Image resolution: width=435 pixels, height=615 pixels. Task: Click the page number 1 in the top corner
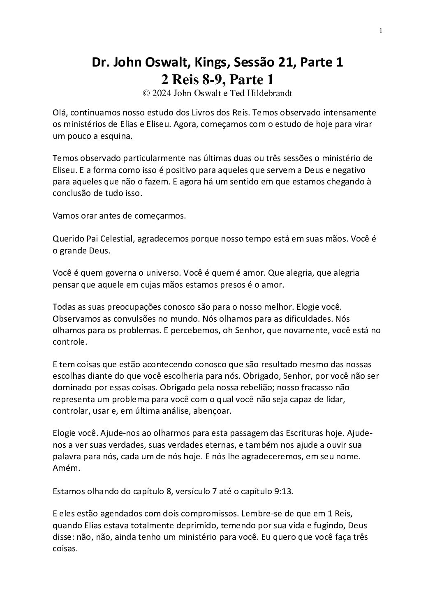[x=381, y=30]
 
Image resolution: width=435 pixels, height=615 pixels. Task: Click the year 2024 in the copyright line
[x=162, y=93]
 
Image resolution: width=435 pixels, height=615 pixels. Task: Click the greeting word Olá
[x=60, y=112]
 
